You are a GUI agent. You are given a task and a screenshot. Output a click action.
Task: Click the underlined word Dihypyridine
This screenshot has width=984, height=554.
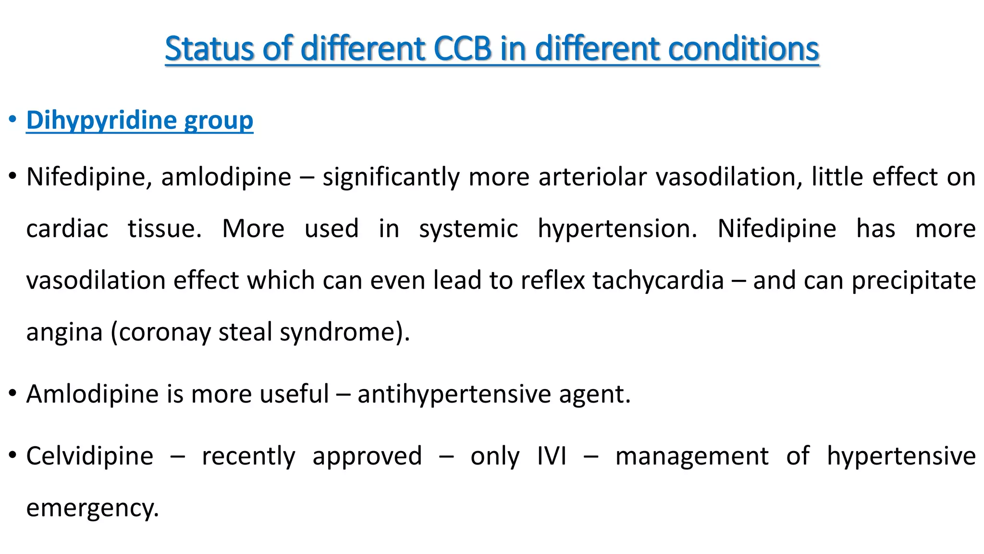click(101, 120)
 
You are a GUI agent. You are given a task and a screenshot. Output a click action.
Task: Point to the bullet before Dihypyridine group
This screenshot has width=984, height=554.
click(13, 119)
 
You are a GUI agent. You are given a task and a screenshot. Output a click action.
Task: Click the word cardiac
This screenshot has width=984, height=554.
click(67, 228)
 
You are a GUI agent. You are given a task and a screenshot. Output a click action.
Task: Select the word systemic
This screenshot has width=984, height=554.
click(468, 229)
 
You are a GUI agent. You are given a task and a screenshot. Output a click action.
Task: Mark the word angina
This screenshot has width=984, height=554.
click(64, 333)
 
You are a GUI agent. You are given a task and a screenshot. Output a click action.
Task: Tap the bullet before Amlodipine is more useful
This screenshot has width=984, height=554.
click(13, 393)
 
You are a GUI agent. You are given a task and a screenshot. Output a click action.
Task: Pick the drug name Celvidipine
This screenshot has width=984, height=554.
click(90, 456)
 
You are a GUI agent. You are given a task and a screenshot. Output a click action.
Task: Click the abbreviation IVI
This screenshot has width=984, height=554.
click(552, 456)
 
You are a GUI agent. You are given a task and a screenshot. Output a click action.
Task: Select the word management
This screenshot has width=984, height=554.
click(692, 457)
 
